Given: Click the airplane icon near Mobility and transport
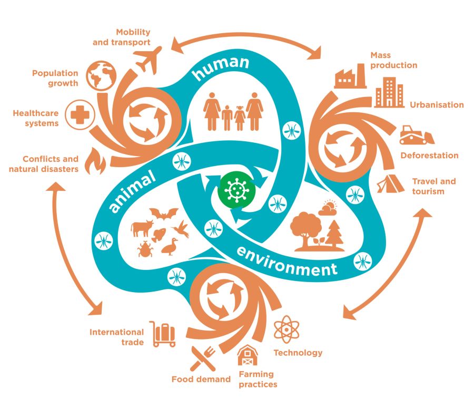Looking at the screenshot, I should click(x=149, y=61).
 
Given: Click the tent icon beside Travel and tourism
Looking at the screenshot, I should click(x=390, y=183).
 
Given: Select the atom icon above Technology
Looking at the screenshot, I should click(x=287, y=329).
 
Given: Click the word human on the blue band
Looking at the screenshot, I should click(x=221, y=69).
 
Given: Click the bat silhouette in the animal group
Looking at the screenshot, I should click(x=164, y=214).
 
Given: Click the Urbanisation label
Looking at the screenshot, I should click(x=437, y=104).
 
